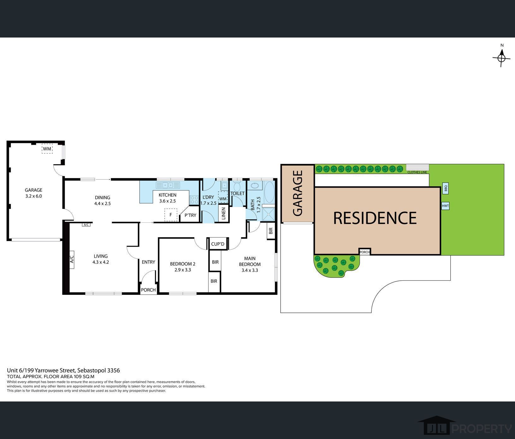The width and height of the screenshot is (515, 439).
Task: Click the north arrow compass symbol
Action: coord(501,58)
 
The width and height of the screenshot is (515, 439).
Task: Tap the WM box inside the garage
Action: coord(47,149)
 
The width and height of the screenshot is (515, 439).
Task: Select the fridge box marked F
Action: coord(171,215)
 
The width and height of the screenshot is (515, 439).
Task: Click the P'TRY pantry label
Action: coord(190,215)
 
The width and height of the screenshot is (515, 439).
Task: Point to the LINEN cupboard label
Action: coord(223,214)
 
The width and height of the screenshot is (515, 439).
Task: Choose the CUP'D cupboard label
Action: coord(217,244)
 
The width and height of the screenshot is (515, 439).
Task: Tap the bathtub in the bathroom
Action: coord(269,192)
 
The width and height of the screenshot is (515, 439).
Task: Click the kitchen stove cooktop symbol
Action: coord(194,200)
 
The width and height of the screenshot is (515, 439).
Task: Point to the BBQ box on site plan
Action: coord(446,188)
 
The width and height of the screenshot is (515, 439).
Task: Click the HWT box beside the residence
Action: coord(445,206)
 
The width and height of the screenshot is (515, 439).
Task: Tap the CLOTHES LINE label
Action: coord(417,172)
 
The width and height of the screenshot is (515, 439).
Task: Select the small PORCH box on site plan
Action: coord(364,252)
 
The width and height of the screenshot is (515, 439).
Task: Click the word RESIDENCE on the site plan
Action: coord(375,218)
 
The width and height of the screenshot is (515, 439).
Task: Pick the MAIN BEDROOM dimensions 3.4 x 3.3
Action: coord(250,270)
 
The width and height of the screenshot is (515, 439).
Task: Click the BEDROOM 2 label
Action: coord(183,264)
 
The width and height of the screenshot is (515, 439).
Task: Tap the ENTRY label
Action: coord(148,262)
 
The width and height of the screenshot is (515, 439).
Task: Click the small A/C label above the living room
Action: coord(86,225)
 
